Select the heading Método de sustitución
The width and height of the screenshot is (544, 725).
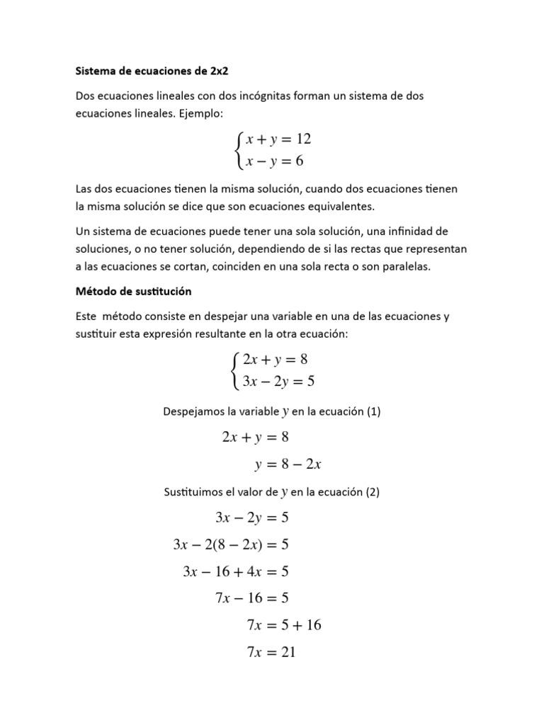tap(133, 291)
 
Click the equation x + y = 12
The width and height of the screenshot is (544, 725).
tap(278, 139)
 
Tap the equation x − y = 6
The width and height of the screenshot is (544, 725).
tap(274, 161)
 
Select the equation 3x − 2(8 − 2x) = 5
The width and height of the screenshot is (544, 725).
tap(231, 544)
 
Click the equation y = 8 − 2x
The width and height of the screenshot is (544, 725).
tap(288, 464)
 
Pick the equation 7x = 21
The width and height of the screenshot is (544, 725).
tap(271, 652)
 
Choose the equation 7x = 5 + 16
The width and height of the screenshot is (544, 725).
tap(284, 625)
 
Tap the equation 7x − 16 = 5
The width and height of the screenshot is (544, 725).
tap(252, 598)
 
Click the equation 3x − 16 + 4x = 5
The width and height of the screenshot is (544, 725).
tap(236, 571)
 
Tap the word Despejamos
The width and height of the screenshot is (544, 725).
tap(195, 411)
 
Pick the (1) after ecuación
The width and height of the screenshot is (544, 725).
tap(373, 411)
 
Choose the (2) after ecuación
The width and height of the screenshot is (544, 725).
tap(373, 491)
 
